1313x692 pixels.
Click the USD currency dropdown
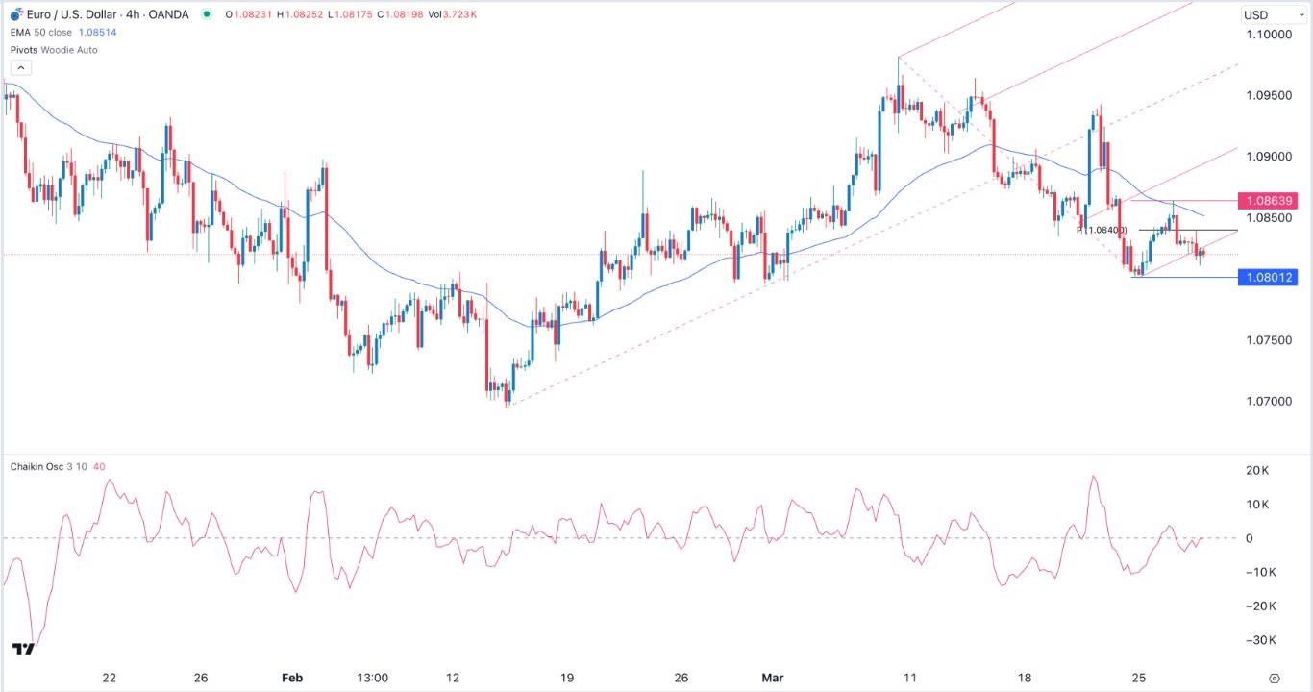coord(1268,14)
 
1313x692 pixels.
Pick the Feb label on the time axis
coord(292,678)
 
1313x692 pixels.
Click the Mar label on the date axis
coord(773,678)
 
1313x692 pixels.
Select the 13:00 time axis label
coord(372,678)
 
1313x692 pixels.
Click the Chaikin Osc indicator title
coord(37,467)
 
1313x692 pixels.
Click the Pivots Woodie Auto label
coord(54,50)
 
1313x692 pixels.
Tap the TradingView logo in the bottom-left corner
coord(24,649)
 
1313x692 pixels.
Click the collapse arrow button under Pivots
coord(21,67)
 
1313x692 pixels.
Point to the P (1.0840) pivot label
coord(1101,231)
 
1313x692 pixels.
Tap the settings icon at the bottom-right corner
coord(1275,678)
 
